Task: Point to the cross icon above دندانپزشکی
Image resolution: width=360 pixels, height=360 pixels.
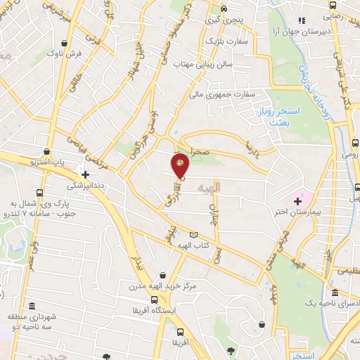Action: (x=86, y=174)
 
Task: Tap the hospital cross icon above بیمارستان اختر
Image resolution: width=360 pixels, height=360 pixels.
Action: (x=298, y=201)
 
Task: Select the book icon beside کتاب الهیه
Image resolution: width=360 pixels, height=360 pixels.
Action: (x=194, y=235)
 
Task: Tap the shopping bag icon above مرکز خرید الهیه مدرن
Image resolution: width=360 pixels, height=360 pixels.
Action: (x=163, y=275)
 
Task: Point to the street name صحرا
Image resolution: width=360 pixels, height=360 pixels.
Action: (x=200, y=150)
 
